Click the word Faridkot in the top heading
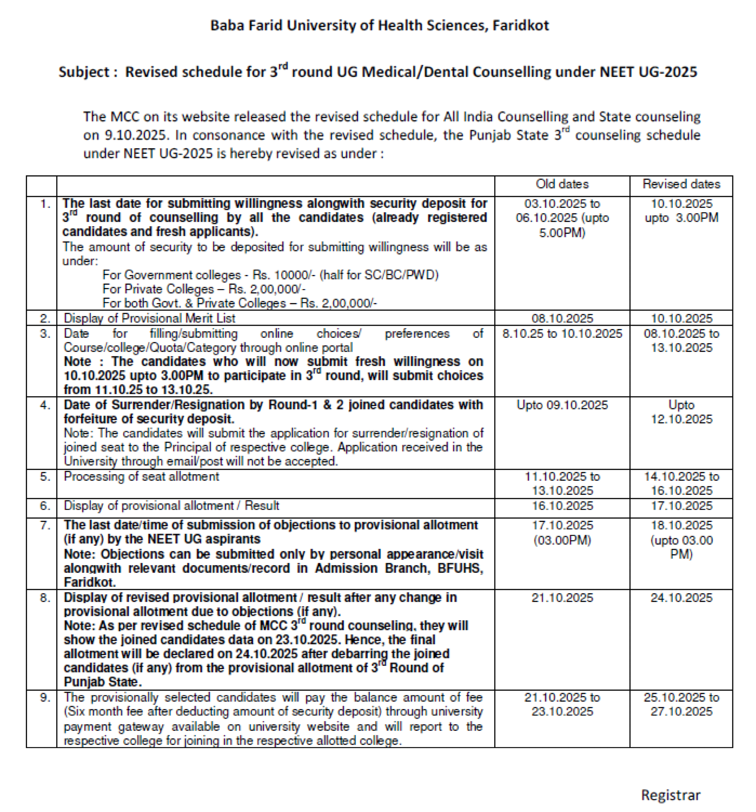click(520, 25)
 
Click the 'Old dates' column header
click(562, 184)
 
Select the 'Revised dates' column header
click(681, 184)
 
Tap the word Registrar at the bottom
click(670, 795)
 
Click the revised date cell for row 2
click(681, 318)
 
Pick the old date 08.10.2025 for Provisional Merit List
click(562, 318)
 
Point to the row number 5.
click(45, 477)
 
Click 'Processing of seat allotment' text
click(141, 477)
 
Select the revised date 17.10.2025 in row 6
click(681, 506)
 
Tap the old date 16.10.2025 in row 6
click(562, 506)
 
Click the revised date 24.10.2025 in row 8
click(681, 598)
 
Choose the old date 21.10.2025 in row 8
click(562, 598)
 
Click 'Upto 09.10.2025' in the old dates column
click(562, 405)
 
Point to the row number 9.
click(45, 697)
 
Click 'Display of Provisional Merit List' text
click(149, 318)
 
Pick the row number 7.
click(45, 525)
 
